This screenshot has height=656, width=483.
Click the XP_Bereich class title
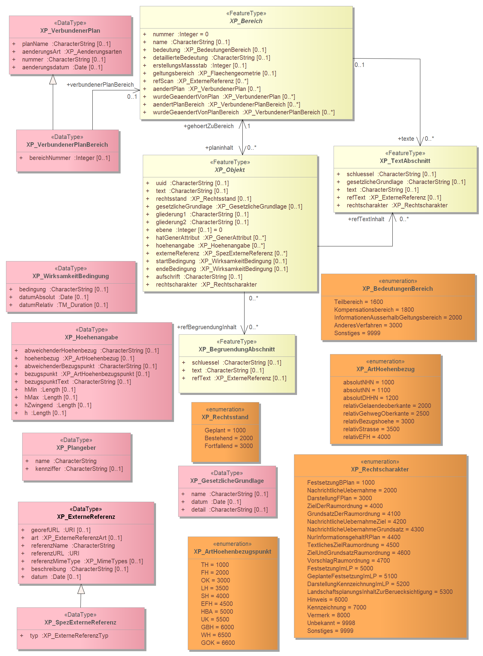(x=246, y=21)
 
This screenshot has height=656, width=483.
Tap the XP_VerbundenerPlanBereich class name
(x=67, y=145)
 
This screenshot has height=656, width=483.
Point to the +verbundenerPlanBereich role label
(x=100, y=85)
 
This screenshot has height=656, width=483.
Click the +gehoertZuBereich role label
(x=208, y=126)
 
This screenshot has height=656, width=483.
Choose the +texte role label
(x=406, y=139)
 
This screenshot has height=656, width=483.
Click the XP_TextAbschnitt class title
(x=405, y=161)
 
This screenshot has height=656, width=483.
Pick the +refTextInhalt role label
(x=366, y=219)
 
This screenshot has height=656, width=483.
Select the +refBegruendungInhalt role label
(x=207, y=327)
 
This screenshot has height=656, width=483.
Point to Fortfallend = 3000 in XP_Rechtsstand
(x=229, y=446)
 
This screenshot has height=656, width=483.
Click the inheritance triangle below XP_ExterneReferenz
(x=81, y=589)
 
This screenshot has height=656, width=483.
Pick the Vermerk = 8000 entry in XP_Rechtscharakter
(x=328, y=615)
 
